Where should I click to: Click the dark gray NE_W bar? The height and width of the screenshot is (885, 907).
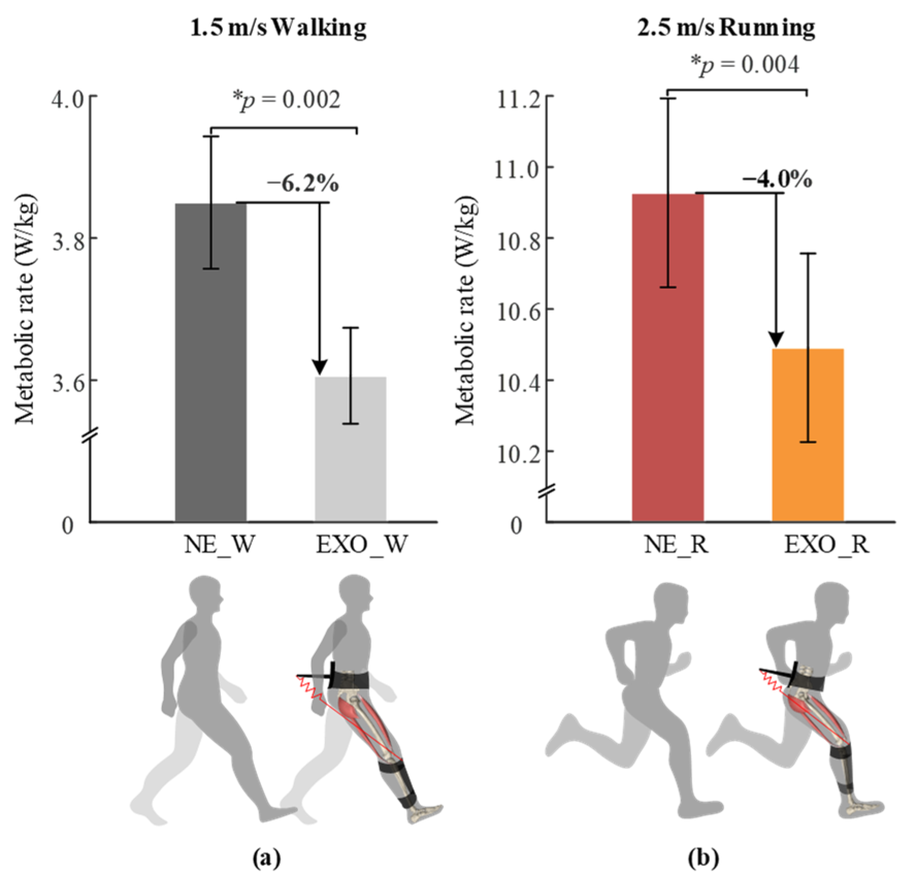(x=210, y=361)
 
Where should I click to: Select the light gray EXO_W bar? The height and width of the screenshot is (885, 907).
(x=351, y=449)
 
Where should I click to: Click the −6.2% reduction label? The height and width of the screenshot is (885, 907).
(x=303, y=183)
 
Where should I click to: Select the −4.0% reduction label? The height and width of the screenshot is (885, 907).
(x=777, y=180)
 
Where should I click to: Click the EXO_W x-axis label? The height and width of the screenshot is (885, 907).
(x=361, y=545)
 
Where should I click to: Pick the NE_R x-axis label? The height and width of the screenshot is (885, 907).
(x=676, y=545)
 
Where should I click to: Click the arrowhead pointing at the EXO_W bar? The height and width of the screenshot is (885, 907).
(x=320, y=367)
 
